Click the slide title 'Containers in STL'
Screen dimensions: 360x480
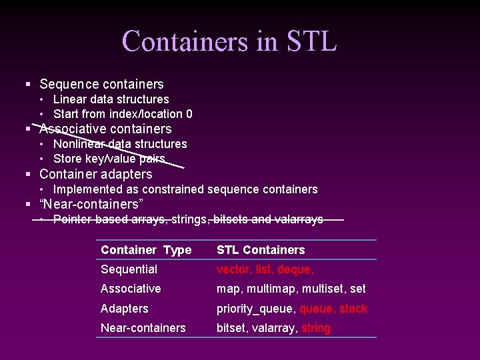point(229,41)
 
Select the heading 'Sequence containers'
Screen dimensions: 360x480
point(101,84)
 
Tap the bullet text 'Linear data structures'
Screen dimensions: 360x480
point(111,99)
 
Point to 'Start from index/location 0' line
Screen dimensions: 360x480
point(123,114)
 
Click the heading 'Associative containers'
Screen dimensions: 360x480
point(105,129)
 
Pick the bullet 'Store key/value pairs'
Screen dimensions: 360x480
point(109,159)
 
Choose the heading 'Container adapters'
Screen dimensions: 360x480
point(96,174)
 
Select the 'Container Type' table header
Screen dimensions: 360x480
point(145,250)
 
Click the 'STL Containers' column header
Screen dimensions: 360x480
point(261,250)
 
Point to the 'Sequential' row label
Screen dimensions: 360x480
point(129,269)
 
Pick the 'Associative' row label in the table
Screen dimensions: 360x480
point(131,289)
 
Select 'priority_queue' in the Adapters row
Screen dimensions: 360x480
point(256,309)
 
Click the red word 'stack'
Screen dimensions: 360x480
point(353,309)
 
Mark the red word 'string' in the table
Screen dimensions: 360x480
point(316,328)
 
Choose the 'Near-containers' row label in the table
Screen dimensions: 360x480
point(143,328)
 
